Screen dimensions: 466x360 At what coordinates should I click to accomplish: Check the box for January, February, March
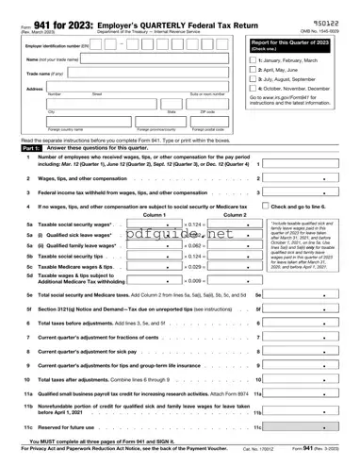tap(253, 59)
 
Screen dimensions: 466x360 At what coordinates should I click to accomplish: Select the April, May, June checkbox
tap(253, 70)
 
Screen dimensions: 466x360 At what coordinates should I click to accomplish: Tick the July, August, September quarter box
tap(253, 80)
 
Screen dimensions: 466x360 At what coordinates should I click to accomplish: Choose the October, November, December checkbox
tap(253, 91)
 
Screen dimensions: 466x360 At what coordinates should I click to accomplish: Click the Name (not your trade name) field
tap(141, 59)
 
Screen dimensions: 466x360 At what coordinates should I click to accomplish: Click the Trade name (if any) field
tap(141, 75)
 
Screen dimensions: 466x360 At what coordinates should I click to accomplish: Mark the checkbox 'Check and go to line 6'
tap(266, 207)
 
